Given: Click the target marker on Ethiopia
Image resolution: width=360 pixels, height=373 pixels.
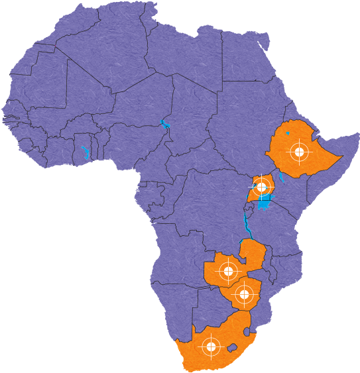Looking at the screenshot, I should (300, 152).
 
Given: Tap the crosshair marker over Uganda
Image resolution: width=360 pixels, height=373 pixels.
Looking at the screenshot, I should (261, 186).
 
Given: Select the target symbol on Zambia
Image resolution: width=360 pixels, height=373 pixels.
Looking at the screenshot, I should (228, 270).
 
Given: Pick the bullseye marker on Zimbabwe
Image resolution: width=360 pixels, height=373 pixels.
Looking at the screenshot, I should (243, 293).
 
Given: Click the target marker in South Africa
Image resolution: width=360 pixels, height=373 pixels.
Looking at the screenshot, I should (211, 346).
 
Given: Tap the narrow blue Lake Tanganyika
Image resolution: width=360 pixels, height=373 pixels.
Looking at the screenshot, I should (247, 225).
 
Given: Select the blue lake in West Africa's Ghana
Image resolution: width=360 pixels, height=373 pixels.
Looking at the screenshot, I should (84, 152).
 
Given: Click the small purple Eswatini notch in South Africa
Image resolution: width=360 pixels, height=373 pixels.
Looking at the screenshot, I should (247, 329).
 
